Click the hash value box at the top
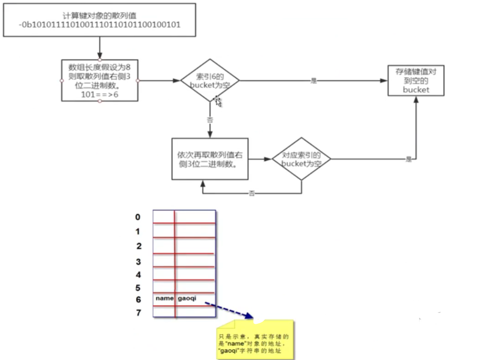coord(99,20)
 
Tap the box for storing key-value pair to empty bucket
coord(416,81)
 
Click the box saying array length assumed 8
coord(100,81)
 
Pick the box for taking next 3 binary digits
coord(210,159)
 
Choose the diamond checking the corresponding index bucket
coord(301,159)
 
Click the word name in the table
coord(163,298)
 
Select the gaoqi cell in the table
coord(187,298)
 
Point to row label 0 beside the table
coord(137,217)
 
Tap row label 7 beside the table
coord(138,313)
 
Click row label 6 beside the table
coord(138,299)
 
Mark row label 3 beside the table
coord(138,262)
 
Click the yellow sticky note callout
coord(254,338)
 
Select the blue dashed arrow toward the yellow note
coord(228,309)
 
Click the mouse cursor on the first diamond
coord(219,101)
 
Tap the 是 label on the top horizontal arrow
coord(313,81)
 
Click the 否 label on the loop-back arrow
coord(251,193)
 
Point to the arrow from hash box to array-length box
coord(99,48)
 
